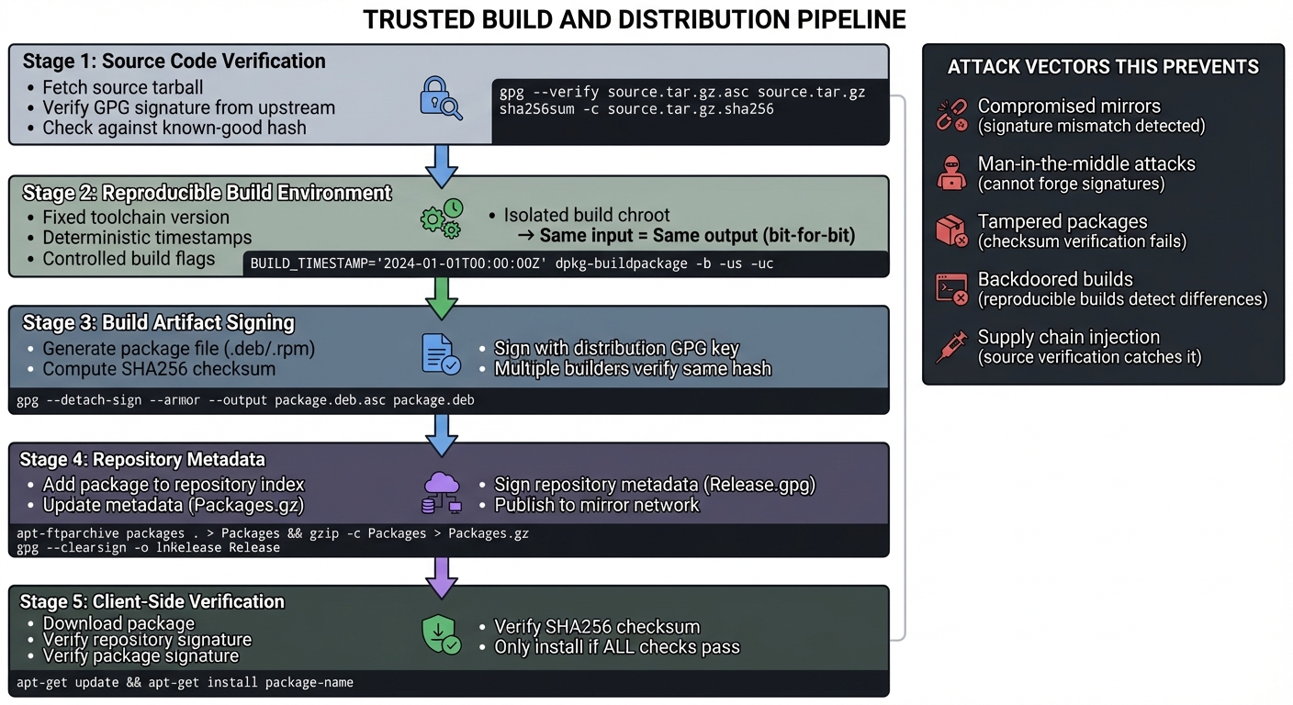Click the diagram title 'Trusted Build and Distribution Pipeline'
coord(634,19)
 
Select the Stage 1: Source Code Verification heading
coord(174,62)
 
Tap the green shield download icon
coord(441,634)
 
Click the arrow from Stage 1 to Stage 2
coord(443,162)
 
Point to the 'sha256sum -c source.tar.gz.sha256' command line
coord(636,109)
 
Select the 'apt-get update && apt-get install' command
coord(185,682)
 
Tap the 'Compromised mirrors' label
coord(1069,106)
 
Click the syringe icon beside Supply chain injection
coord(951,346)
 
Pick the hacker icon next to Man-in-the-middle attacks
coord(951,173)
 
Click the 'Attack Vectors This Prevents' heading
coord(1103,67)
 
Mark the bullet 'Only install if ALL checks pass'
coord(616,647)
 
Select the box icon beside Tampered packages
coord(951,230)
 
